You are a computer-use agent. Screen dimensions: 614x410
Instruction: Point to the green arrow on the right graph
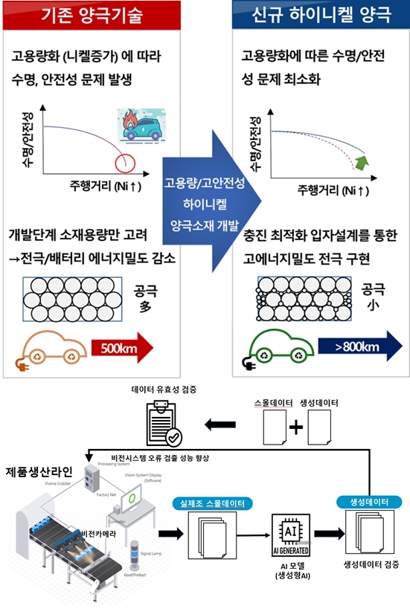tap(362, 161)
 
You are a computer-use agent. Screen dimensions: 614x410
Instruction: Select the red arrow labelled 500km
tap(121, 346)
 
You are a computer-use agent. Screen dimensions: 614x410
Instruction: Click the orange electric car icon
tap(55, 348)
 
